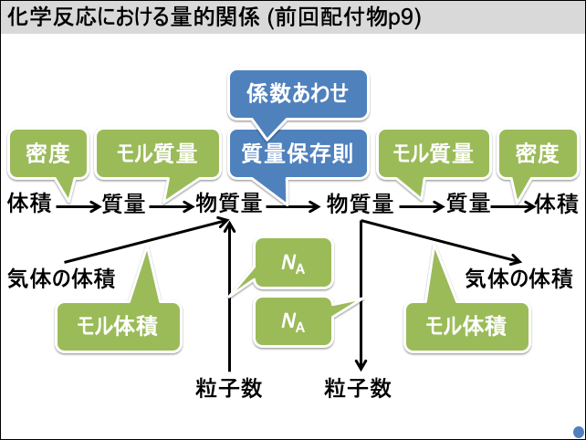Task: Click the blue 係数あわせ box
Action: point(298,94)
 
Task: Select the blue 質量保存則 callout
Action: point(298,152)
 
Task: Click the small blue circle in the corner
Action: point(578,430)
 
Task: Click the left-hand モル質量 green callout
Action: point(158,153)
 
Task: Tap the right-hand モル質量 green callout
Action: point(433,153)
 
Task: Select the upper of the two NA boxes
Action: point(294,265)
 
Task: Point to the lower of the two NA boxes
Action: point(294,321)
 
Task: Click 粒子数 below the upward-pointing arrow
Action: point(229,388)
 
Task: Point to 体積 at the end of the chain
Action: point(557,204)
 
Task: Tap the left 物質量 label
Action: point(229,204)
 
